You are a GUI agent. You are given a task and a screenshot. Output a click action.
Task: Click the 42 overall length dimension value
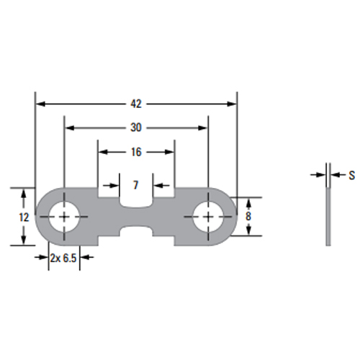tap(136, 104)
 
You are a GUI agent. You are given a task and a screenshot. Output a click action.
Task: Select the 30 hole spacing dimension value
tap(136, 127)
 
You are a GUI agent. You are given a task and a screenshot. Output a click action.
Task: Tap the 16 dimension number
tap(136, 152)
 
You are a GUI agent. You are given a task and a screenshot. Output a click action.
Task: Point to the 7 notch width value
tap(135, 185)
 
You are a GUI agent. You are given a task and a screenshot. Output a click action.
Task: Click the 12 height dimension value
tap(24, 217)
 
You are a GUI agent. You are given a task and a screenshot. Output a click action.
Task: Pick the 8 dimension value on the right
tap(248, 216)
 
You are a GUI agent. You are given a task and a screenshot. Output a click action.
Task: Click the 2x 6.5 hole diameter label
tap(63, 258)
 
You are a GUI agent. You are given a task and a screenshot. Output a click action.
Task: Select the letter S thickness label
tap(351, 176)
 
